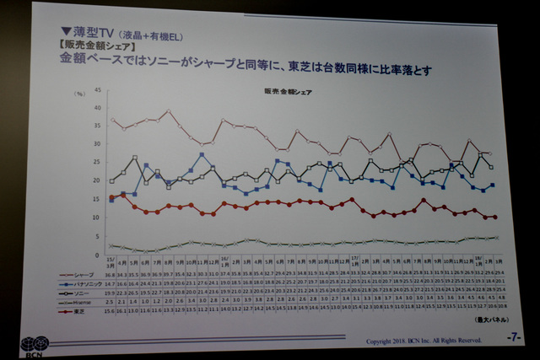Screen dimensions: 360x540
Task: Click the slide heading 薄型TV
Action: click(95, 31)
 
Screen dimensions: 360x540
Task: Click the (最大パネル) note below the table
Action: click(483, 320)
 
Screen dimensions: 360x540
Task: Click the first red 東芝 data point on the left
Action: click(111, 198)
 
